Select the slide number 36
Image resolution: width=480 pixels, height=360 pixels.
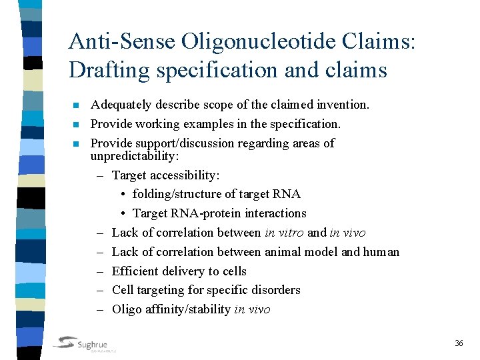pyautogui.click(x=459, y=343)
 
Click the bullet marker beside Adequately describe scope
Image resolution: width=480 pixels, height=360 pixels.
pyautogui.click(x=76, y=105)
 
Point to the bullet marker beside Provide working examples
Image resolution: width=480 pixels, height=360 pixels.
pyautogui.click(x=76, y=125)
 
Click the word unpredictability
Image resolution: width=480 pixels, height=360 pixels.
pyautogui.click(x=134, y=156)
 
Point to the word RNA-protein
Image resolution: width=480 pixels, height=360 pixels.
pyautogui.click(x=199, y=213)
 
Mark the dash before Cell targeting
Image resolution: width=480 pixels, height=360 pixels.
pyautogui.click(x=99, y=290)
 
